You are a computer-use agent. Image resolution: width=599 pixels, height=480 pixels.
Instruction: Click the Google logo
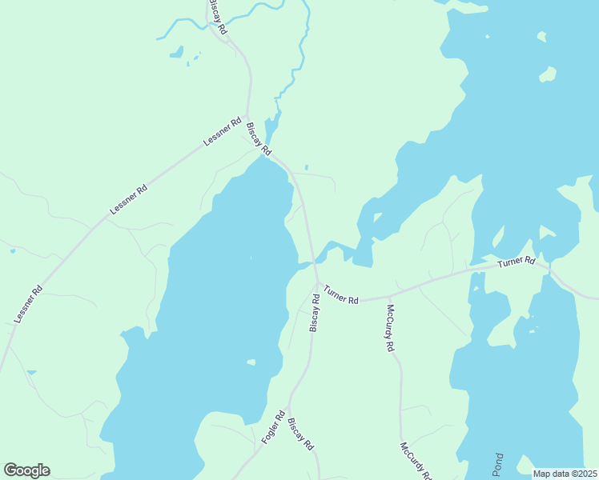tap(27, 470)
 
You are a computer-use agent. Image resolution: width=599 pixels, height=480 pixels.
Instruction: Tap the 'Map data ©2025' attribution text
tap(565, 474)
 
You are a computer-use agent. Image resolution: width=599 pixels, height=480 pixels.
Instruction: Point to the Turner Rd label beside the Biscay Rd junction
tap(341, 294)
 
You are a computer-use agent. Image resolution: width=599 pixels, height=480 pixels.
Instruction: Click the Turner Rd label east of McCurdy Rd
tap(515, 262)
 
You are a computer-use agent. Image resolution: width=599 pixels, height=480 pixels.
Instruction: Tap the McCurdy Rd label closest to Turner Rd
tap(391, 328)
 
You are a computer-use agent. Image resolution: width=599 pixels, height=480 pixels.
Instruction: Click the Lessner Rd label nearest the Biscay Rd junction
tap(223, 132)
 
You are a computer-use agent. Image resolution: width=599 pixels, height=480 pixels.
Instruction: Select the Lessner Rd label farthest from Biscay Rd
tap(27, 305)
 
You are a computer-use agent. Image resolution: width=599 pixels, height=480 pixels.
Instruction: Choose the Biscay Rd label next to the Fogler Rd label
tap(300, 434)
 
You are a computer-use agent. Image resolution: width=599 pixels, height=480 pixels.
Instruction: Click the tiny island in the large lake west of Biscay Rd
tap(251, 362)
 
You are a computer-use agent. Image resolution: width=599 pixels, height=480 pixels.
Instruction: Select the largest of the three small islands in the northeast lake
tap(548, 74)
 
